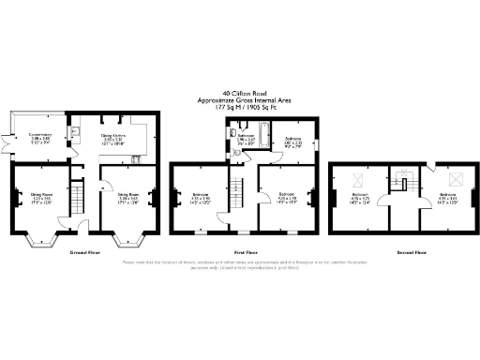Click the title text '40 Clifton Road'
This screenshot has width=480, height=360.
pyautogui.click(x=240, y=93)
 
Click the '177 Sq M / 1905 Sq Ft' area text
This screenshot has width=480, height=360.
pyautogui.click(x=240, y=106)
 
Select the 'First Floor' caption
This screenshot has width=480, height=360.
pyautogui.click(x=246, y=252)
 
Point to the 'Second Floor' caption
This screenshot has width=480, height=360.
pyautogui.click(x=406, y=252)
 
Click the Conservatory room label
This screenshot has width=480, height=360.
pyautogui.click(x=39, y=139)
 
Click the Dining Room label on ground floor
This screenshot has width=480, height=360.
pyautogui.click(x=40, y=198)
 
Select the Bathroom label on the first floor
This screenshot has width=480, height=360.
pyautogui.click(x=247, y=139)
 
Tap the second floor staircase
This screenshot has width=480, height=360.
pyautogui.click(x=405, y=180)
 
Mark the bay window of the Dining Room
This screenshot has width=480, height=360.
pyautogui.click(x=40, y=241)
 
